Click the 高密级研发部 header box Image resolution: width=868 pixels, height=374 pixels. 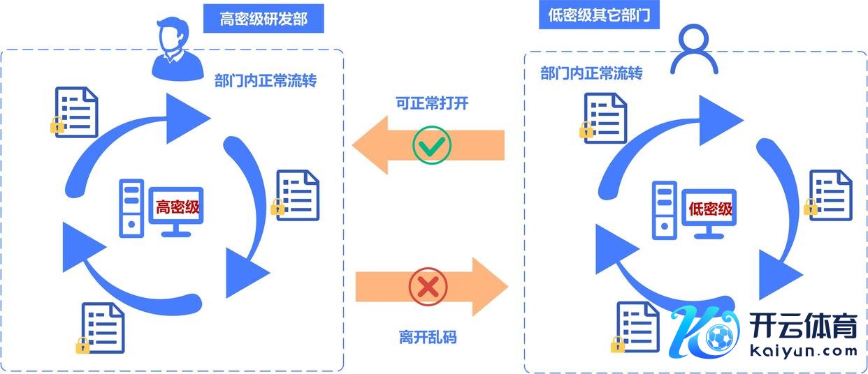pos(263,19)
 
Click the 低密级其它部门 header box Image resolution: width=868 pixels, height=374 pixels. pos(599,15)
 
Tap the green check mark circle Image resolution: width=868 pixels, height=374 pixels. pos(431,145)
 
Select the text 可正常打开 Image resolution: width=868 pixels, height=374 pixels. pos(432,103)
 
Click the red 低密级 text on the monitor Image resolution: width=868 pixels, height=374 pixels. pos(710,209)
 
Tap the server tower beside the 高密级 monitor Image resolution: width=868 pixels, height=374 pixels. pos(131,208)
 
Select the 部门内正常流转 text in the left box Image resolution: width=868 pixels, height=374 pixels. pos(266,81)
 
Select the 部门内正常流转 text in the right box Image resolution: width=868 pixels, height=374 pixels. pos(591,73)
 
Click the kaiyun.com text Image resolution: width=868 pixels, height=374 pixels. pos(804,350)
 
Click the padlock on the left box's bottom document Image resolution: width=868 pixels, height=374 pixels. pos(82,344)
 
